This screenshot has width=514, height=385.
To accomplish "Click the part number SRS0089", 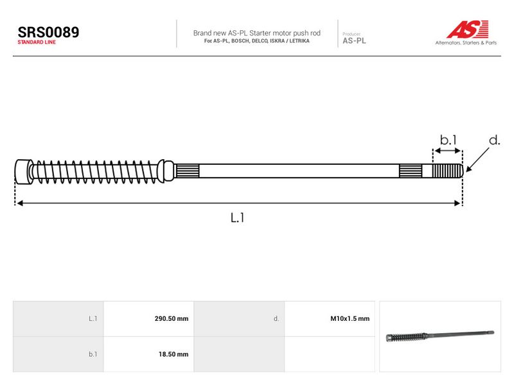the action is tap(48, 32).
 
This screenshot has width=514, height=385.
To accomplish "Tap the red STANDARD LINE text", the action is tap(37, 42).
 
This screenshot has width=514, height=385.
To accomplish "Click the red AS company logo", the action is tap(468, 29).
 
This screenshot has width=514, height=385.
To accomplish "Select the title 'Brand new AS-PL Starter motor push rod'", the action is tap(256, 33).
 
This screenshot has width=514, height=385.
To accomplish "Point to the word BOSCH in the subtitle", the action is tap(240, 41).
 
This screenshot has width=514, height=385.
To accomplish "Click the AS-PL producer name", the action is tap(354, 40).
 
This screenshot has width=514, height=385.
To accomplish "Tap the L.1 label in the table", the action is tap(93, 318).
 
